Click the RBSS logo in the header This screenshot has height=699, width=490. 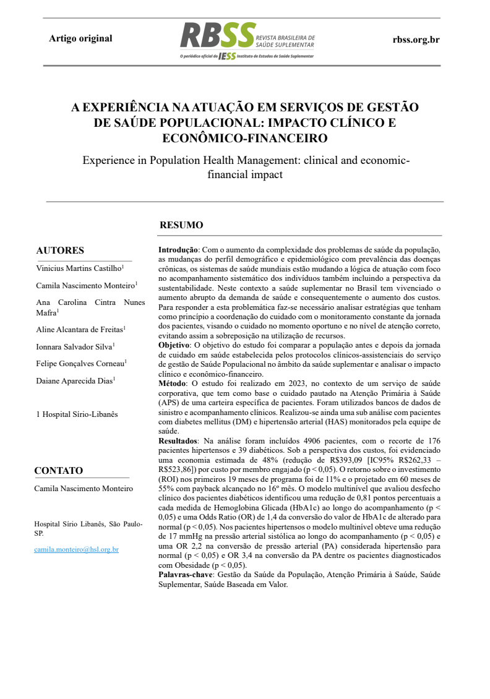pos(218,36)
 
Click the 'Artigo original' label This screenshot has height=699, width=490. pos(80,38)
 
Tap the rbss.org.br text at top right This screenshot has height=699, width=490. pos(416,39)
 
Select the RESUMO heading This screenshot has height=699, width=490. pos(181,225)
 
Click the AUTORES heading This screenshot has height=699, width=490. pos(60,251)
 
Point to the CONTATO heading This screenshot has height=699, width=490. pos(58,471)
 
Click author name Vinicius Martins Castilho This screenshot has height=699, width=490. pos(79,268)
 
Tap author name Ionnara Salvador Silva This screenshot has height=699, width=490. pos(75,346)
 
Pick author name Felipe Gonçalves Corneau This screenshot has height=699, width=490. pos(80,364)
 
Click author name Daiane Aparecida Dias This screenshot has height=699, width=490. pos(74,381)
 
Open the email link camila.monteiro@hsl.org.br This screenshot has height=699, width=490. pos(76,549)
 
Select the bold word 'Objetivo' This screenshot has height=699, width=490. pos(174,344)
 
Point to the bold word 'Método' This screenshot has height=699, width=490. pos(172,384)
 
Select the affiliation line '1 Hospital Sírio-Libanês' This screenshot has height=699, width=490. pos(76,414)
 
